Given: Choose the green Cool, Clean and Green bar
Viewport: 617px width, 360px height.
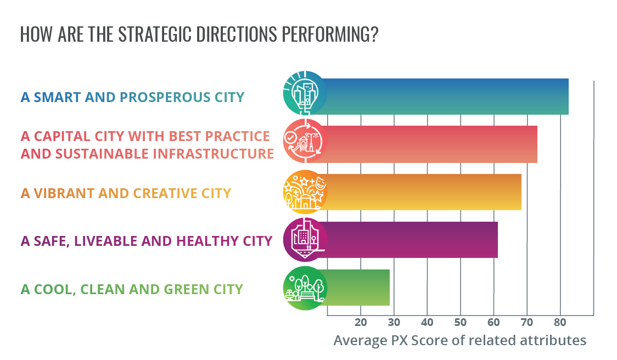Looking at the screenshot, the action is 354,288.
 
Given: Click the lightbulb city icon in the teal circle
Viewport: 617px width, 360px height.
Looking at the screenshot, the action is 305,93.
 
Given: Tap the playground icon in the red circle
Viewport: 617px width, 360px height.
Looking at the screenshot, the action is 305,141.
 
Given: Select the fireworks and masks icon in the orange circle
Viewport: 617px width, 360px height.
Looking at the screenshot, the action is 305,192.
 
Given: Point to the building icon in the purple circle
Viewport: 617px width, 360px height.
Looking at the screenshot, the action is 305,240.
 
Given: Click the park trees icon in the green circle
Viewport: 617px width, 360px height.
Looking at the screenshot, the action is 305,288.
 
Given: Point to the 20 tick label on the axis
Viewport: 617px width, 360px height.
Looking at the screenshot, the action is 361,323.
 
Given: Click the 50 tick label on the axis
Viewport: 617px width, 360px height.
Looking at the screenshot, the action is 461,323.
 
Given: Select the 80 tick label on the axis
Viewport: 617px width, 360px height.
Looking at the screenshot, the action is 560,323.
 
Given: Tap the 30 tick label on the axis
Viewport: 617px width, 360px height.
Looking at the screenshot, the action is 394,323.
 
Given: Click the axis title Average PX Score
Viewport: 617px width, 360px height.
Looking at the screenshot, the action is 459,340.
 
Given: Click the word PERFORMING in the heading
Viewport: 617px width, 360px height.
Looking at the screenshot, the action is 330,34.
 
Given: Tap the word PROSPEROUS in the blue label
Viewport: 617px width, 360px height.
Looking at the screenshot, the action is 165,97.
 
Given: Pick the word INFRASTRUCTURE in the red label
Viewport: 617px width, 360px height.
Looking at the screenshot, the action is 214,154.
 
